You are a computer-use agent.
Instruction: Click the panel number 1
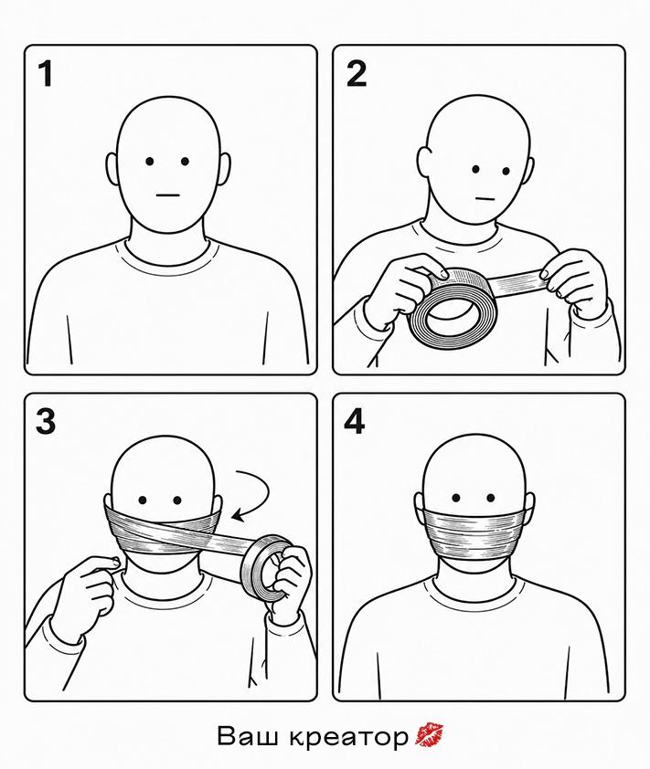tap(46, 74)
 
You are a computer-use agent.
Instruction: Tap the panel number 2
tap(357, 74)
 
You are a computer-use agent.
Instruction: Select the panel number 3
tap(46, 421)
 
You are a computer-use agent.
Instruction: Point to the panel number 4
tap(355, 421)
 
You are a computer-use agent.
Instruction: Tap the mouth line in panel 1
tap(168, 195)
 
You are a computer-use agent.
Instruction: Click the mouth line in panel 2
tap(485, 199)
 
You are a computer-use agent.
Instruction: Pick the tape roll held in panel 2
tap(453, 310)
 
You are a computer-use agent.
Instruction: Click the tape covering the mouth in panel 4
tap(472, 533)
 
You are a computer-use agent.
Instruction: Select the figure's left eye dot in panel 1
tap(150, 162)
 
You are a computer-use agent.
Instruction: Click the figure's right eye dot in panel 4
tap(490, 499)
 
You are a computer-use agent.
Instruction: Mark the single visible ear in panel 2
tap(423, 162)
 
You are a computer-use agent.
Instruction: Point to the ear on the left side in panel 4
tap(420, 510)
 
